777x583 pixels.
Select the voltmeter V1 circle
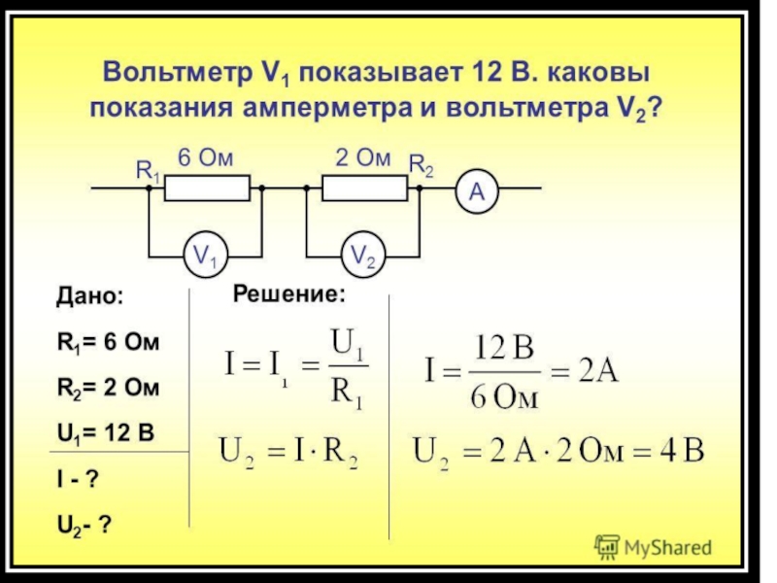point(206,257)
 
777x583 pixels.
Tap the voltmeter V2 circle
point(364,257)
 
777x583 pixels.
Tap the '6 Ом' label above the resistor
point(205,158)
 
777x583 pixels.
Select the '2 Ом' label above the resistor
point(362,158)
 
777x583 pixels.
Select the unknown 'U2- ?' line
point(84,525)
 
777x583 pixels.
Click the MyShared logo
point(653,547)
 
